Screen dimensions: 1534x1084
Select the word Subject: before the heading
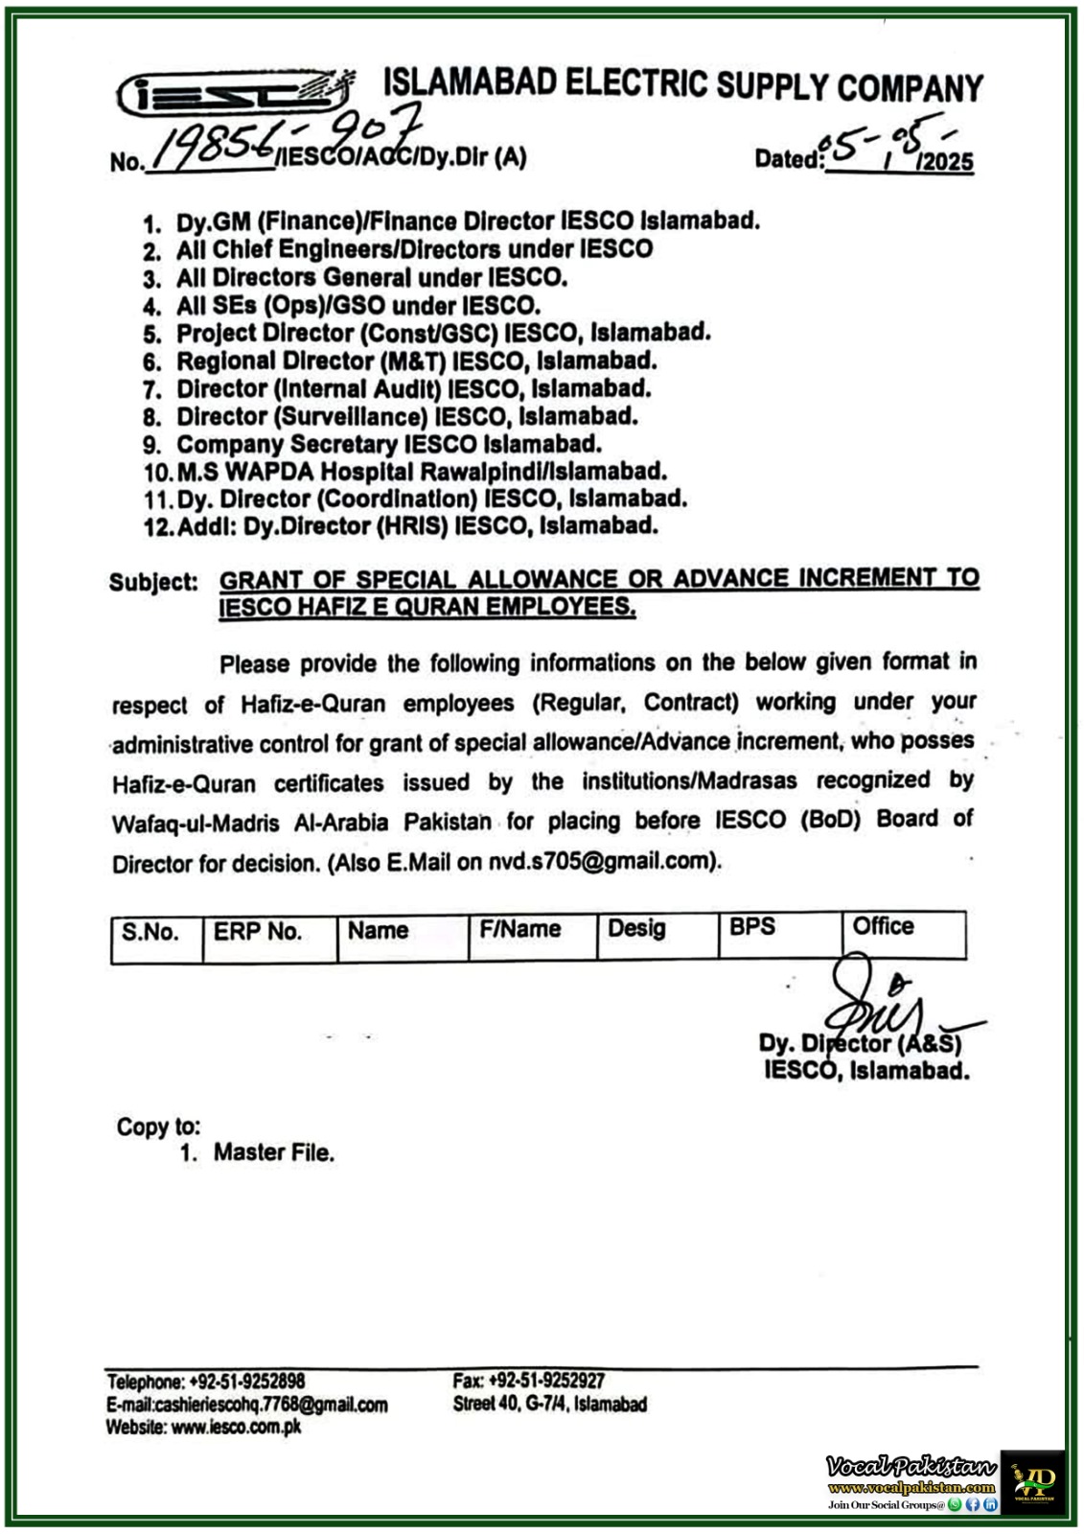click(153, 583)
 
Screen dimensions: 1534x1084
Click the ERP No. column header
click(257, 932)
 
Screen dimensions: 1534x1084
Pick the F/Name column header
click(519, 929)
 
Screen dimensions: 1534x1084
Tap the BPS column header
click(751, 927)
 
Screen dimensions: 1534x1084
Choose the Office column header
click(883, 926)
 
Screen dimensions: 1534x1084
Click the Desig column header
click(636, 928)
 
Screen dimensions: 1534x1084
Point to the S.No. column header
click(150, 932)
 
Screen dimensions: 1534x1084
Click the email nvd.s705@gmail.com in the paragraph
click(600, 861)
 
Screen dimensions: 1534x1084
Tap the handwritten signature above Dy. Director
click(877, 1002)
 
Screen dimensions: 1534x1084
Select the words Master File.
click(273, 1152)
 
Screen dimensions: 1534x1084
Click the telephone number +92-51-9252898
click(247, 1382)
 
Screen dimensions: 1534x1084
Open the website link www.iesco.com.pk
click(236, 1427)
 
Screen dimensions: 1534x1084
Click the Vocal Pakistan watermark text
click(911, 1467)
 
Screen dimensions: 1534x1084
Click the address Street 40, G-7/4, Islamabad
click(550, 1405)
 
